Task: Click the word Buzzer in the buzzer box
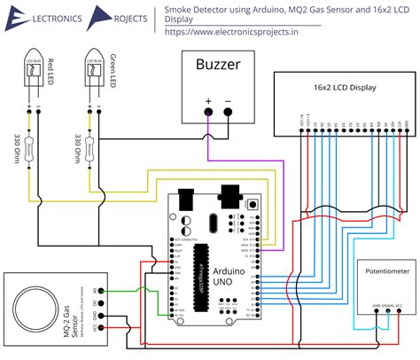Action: (217, 66)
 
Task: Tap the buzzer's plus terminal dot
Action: (209, 112)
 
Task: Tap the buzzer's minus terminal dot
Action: (229, 112)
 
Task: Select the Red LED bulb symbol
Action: (35, 69)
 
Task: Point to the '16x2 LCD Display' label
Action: (346, 89)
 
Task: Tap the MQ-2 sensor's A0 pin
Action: (105, 291)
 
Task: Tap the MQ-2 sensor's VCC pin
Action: (105, 327)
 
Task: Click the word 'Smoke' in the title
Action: (183, 8)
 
